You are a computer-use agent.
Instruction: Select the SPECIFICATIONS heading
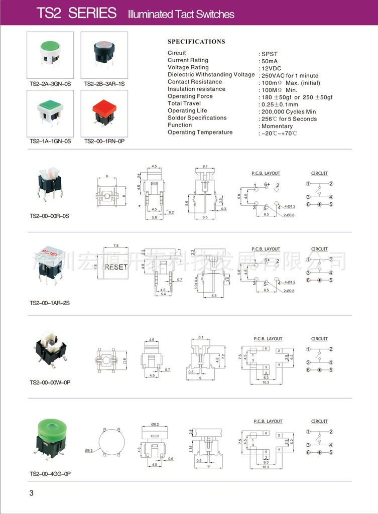[x=196, y=42]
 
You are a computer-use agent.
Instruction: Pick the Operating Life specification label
[x=187, y=111]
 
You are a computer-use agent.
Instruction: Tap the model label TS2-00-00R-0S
[x=49, y=216]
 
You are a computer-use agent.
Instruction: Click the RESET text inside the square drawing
[x=116, y=267]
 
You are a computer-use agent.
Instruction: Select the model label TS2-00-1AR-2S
[x=50, y=303]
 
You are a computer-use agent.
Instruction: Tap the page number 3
[x=32, y=493]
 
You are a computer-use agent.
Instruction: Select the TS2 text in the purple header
[x=49, y=14]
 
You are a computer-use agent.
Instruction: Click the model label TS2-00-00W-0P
[x=50, y=383]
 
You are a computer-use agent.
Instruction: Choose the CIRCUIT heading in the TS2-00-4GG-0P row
[x=319, y=421]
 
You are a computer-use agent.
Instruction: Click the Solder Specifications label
[x=197, y=118]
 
